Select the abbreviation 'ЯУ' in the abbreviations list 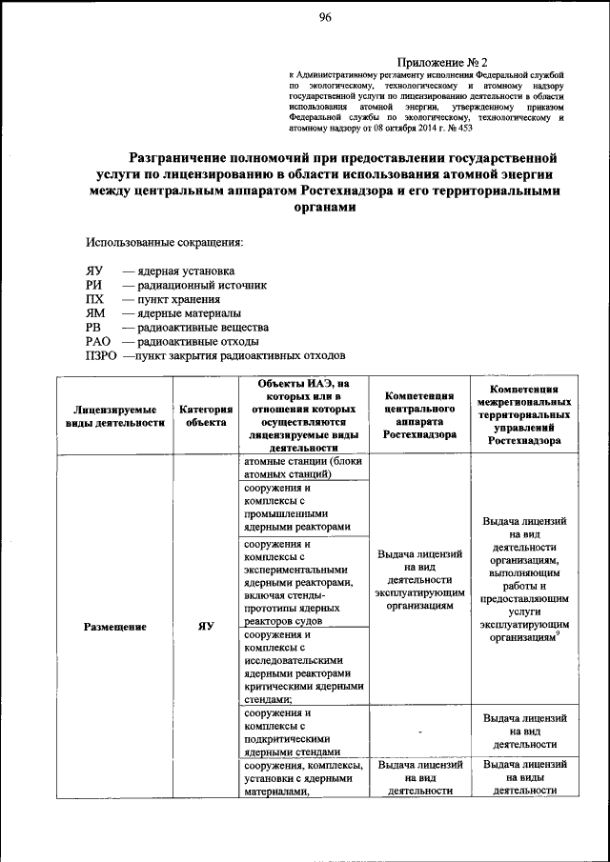click(x=93, y=271)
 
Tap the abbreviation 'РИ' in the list click(x=92, y=285)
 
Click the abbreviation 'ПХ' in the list click(x=93, y=299)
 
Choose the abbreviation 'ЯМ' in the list click(x=94, y=312)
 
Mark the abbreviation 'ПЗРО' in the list click(x=101, y=355)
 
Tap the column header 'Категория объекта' click(x=206, y=415)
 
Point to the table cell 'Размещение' click(x=113, y=627)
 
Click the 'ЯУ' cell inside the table click(x=205, y=627)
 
